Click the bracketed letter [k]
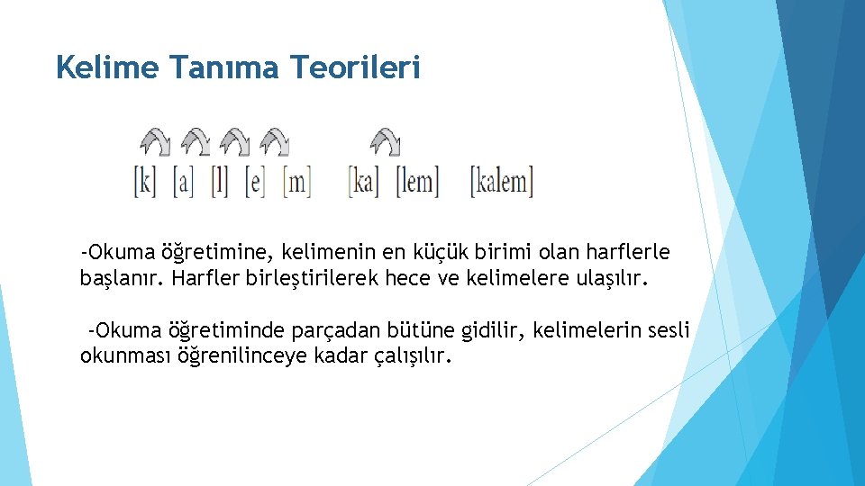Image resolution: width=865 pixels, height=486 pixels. click(145, 183)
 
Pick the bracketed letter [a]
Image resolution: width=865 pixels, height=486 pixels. click(184, 183)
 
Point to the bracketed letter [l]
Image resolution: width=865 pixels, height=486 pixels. click(219, 183)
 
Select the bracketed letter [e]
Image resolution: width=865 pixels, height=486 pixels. click(256, 183)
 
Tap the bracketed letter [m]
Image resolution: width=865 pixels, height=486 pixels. click(296, 183)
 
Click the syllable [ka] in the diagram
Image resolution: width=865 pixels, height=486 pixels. click(364, 183)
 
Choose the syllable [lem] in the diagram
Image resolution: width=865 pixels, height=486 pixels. click(418, 183)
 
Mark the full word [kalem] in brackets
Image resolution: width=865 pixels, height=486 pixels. click(502, 183)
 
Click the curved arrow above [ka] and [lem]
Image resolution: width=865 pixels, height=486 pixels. click(387, 142)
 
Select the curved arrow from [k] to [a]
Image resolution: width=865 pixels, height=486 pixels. click(155, 142)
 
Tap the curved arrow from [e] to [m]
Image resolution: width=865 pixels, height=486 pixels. click(275, 142)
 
